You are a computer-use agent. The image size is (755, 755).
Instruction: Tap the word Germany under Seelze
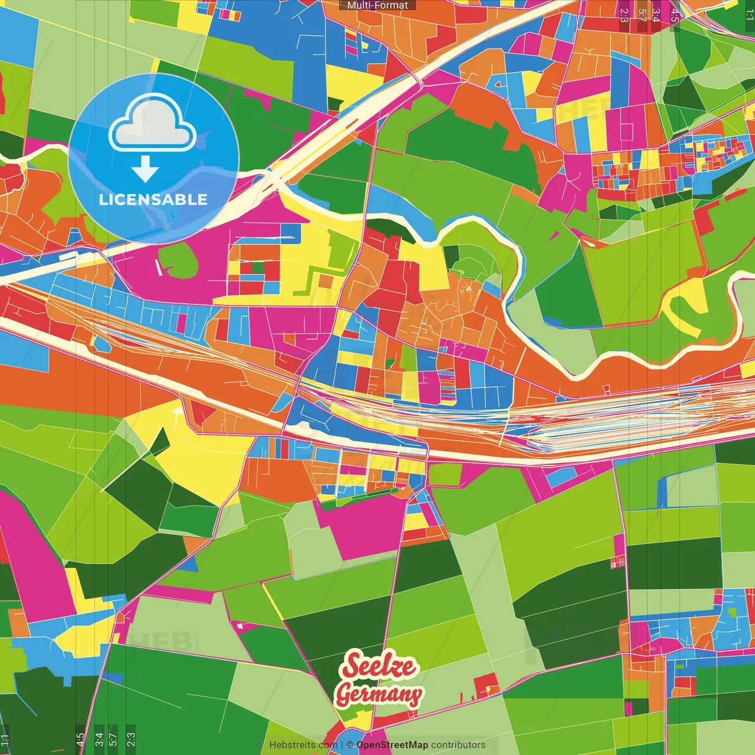click(x=379, y=694)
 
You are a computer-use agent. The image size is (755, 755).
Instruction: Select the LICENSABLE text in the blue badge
click(x=153, y=199)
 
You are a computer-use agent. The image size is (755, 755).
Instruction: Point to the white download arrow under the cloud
click(x=145, y=169)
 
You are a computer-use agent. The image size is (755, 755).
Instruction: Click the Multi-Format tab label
click(x=377, y=5)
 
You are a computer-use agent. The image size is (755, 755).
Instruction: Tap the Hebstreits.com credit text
click(x=303, y=745)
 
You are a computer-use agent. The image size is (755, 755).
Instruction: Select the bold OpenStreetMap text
click(x=392, y=745)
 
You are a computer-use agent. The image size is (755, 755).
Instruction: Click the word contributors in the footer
click(x=458, y=745)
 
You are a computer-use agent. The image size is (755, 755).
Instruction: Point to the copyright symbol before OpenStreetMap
click(x=350, y=745)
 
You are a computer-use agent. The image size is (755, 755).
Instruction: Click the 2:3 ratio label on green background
click(x=131, y=739)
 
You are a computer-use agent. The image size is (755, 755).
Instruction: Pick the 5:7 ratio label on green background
click(x=113, y=739)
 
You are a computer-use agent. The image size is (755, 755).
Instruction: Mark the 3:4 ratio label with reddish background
click(x=656, y=15)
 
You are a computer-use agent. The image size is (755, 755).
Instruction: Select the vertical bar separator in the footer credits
click(x=342, y=745)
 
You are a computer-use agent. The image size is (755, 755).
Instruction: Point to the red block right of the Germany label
click(x=486, y=685)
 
